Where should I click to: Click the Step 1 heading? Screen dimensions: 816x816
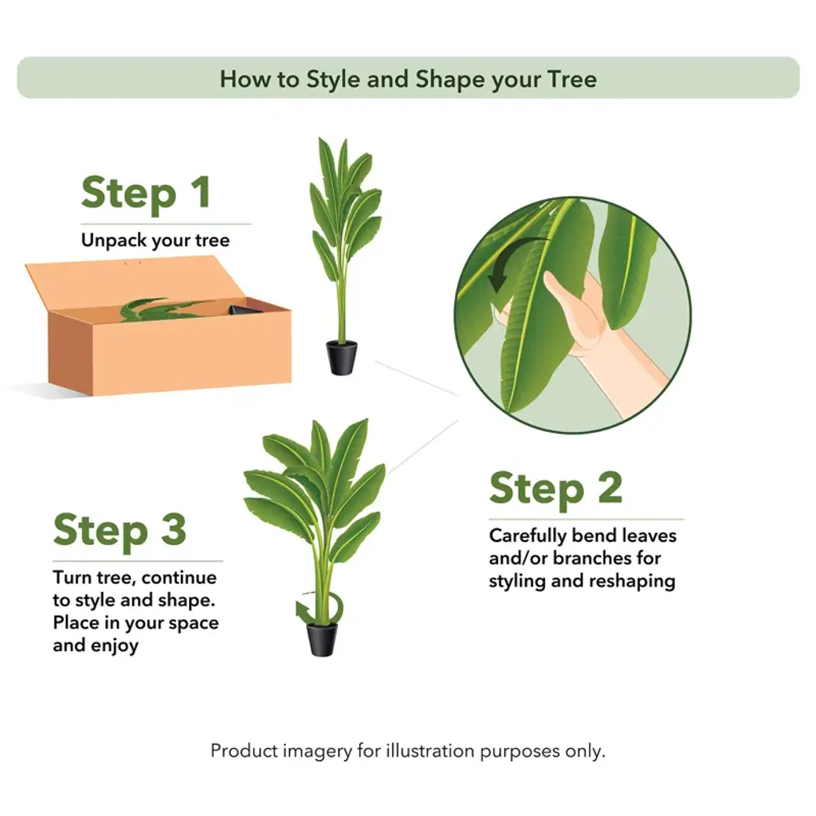tap(147, 193)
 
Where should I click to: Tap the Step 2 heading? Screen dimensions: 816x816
tap(555, 488)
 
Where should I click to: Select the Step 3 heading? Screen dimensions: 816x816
tap(120, 530)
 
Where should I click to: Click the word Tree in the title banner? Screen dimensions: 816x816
tap(572, 79)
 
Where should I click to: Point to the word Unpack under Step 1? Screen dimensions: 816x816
tap(107, 241)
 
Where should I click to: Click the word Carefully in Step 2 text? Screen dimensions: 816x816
tap(528, 536)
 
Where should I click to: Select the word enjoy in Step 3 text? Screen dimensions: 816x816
tap(115, 646)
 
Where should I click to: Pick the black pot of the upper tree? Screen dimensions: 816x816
tap(341, 358)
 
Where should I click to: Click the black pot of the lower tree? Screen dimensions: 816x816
tap(322, 640)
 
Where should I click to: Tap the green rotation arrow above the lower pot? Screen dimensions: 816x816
tap(319, 609)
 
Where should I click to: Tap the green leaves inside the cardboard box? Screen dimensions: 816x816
tap(161, 310)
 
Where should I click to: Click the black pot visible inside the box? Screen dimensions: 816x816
tap(245, 310)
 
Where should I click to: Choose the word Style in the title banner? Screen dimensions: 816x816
tap(332, 80)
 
